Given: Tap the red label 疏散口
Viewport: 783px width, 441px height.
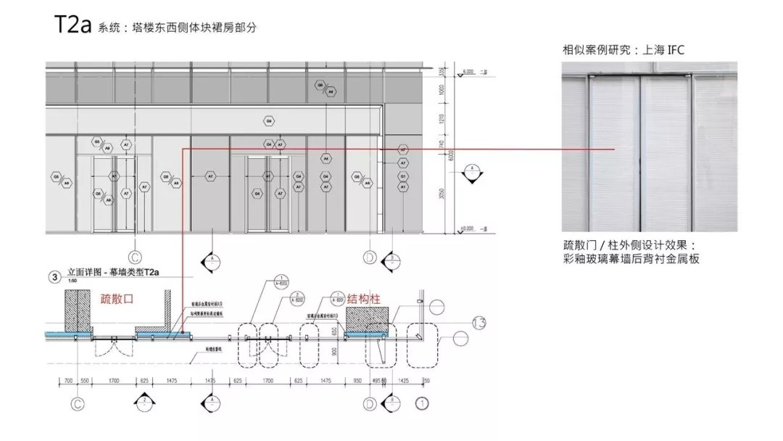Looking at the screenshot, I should (117, 298).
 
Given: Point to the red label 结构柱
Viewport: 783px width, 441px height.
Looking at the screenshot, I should (363, 298).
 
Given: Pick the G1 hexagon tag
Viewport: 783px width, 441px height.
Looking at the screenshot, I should (404, 176).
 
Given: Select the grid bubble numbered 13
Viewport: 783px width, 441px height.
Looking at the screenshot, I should (478, 323).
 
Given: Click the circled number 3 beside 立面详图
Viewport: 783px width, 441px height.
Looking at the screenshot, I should (54, 276).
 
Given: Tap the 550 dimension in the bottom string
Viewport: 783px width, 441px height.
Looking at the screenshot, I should (84, 380).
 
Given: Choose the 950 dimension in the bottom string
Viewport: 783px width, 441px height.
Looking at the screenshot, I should (357, 380).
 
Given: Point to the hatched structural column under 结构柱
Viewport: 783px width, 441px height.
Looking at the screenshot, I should (368, 318).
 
